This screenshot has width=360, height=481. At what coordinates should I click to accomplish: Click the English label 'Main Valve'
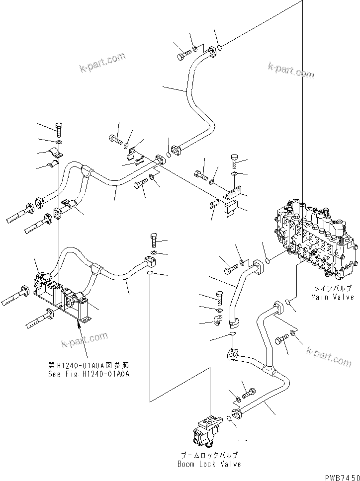tap(333, 297)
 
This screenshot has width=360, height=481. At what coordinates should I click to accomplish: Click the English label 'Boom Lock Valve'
tap(209, 464)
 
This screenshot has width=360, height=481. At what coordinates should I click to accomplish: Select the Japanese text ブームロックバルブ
tap(209, 455)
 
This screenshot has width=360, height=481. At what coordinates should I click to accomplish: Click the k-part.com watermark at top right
tap(291, 70)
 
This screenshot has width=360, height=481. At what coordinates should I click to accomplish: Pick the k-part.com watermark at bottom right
tap(329, 356)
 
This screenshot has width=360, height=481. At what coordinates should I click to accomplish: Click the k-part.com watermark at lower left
tap(84, 340)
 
